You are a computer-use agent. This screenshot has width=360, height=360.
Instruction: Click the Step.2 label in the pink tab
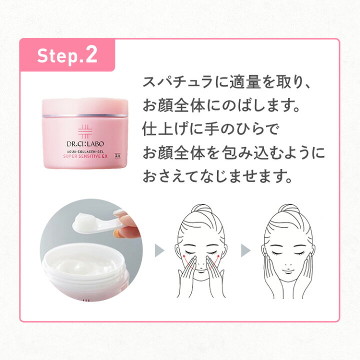click(x=67, y=55)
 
